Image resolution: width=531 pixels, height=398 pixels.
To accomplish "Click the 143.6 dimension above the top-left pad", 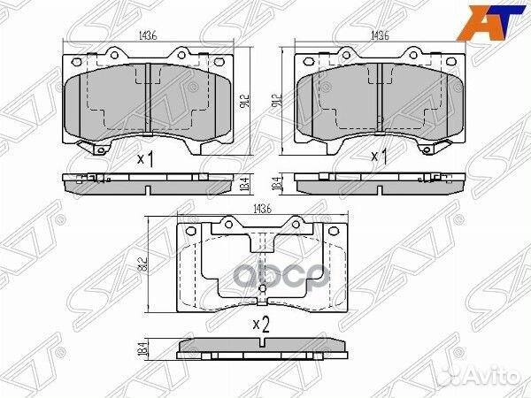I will [x=148, y=35].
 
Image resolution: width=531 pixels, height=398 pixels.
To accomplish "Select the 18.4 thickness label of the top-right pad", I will [x=277, y=184].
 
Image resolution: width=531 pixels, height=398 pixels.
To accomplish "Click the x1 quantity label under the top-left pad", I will [x=147, y=159].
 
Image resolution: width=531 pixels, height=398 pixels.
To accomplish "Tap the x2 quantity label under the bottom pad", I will [x=261, y=325].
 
